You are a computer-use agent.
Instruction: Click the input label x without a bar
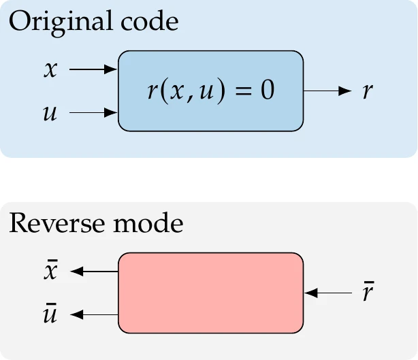tap(50, 70)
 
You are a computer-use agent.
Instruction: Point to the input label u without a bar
tap(50, 112)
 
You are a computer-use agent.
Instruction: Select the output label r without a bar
tap(368, 91)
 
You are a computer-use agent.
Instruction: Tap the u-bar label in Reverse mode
tap(50, 314)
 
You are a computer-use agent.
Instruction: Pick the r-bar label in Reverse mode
tap(368, 293)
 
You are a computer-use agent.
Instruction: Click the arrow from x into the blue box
tap(94, 69)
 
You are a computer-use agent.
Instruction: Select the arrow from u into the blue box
tap(94, 112)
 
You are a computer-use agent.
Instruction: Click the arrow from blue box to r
tap(327, 91)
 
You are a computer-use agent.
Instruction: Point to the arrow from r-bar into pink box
tap(327, 293)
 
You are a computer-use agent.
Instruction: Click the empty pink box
tap(210, 293)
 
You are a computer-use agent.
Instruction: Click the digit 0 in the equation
tap(267, 91)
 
